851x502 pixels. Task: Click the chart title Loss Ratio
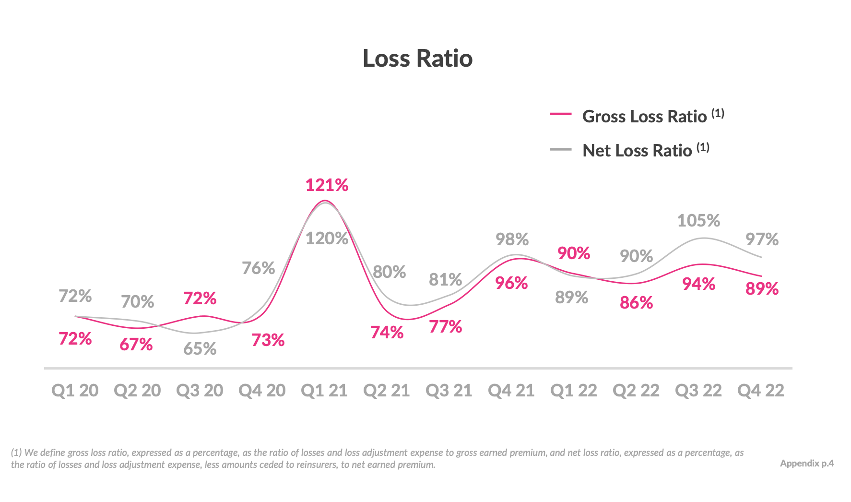pyautogui.click(x=417, y=58)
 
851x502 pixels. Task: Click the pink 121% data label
pyautogui.click(x=327, y=185)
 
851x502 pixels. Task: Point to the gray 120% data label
pyautogui.click(x=327, y=238)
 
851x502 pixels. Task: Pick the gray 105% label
pyautogui.click(x=698, y=220)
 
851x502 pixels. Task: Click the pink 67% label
pyautogui.click(x=136, y=344)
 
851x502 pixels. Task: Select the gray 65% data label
pyautogui.click(x=200, y=348)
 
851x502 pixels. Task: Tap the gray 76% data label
pyautogui.click(x=258, y=268)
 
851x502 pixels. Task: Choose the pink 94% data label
pyautogui.click(x=698, y=284)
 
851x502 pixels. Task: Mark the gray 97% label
pyautogui.click(x=762, y=239)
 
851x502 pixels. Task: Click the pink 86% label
pyautogui.click(x=636, y=302)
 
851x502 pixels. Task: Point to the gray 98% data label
pyautogui.click(x=512, y=239)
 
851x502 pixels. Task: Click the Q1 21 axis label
pyautogui.click(x=324, y=390)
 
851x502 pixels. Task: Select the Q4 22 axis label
pyautogui.click(x=760, y=390)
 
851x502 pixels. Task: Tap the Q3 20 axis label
pyautogui.click(x=200, y=390)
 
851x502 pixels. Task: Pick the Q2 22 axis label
pyautogui.click(x=636, y=390)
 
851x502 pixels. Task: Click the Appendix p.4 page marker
pyautogui.click(x=806, y=463)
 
